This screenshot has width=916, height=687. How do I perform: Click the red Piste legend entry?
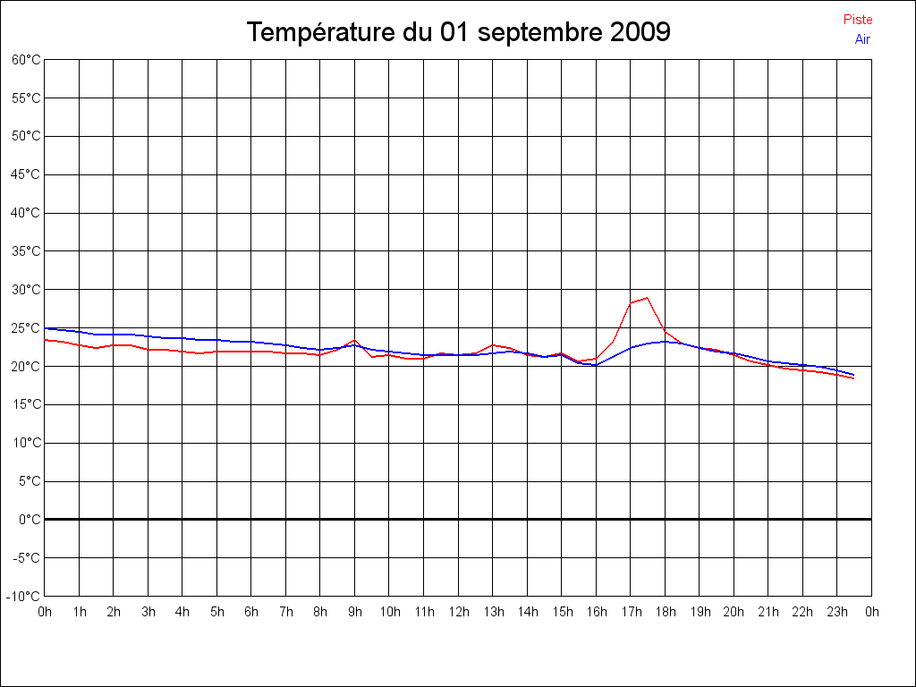[857, 20]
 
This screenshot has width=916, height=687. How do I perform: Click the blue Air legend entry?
[862, 39]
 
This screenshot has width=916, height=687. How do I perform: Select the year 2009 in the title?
[640, 33]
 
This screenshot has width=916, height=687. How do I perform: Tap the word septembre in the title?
[540, 33]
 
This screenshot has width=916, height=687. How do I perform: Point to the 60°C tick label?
[26, 60]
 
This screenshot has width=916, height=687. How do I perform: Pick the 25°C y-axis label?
[26, 327]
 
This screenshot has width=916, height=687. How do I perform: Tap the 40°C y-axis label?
[26, 213]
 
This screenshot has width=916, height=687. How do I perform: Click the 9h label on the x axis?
[355, 612]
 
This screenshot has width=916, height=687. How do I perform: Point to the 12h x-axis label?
[458, 612]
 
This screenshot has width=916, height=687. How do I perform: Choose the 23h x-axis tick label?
[837, 612]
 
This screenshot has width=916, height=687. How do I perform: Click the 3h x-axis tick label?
[148, 612]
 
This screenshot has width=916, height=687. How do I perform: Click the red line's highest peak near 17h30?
[647, 298]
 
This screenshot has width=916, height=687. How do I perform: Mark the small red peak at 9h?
[355, 340]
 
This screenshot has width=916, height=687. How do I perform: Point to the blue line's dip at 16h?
[596, 365]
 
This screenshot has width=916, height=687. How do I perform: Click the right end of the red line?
[854, 378]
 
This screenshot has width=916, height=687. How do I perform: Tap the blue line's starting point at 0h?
[46, 328]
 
